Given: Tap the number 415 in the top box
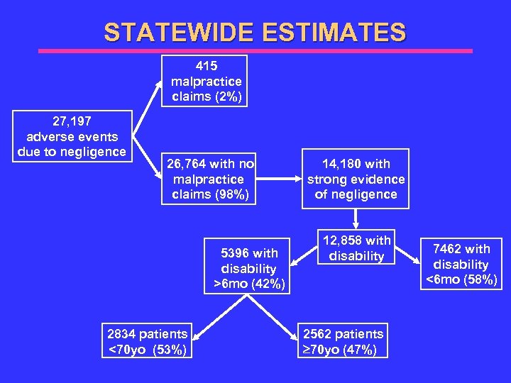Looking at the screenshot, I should point(206,66).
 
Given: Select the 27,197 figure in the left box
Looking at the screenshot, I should point(71,121).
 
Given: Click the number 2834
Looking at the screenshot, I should point(123,334).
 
